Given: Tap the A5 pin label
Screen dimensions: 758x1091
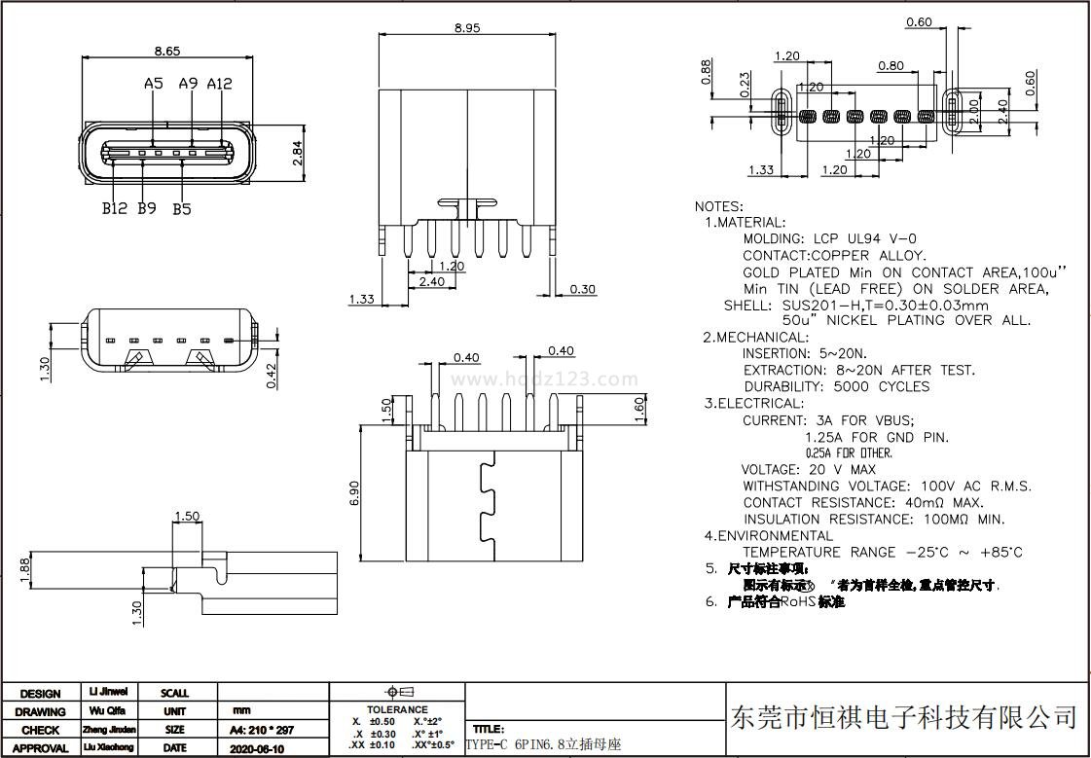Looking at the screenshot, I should point(153,84).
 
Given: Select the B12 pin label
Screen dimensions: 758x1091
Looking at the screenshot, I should point(115,208).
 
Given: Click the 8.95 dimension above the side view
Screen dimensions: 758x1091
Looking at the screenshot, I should point(467,28).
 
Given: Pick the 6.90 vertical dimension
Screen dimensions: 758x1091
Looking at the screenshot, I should point(354,492).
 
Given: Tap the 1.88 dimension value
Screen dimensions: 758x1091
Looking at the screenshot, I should point(25,567).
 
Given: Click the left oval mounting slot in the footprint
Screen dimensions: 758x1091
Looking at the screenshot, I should point(781,112).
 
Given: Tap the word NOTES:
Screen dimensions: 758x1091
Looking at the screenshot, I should point(719,206).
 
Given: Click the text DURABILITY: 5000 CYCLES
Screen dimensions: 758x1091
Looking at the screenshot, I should point(836,386).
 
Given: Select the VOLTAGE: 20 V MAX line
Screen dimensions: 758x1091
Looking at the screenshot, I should point(809,469).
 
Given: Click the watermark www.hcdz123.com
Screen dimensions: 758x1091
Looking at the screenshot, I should point(545,379).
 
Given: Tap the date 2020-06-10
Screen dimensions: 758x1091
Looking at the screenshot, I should point(257,748).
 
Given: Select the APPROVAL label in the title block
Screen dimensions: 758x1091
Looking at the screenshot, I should point(40,748).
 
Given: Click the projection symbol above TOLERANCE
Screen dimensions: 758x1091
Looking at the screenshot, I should point(397,692).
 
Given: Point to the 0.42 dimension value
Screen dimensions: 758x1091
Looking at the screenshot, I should point(273,373).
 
